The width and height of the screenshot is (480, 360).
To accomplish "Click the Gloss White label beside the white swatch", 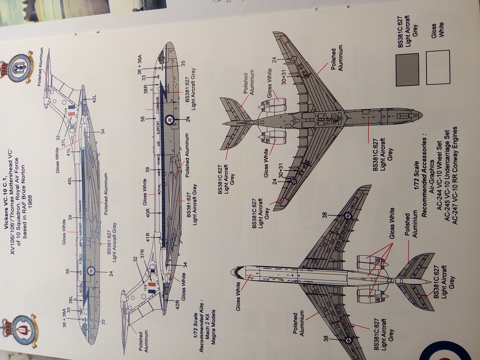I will click(435, 32).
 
